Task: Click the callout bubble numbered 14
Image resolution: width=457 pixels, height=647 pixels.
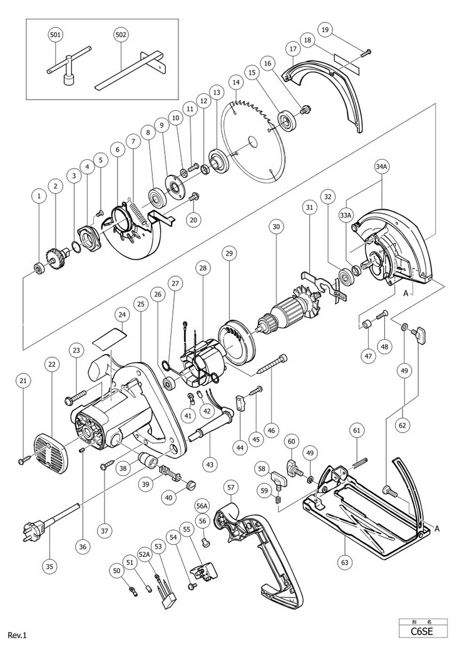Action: [x=235, y=82]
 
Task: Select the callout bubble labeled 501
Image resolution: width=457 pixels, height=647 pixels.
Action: [x=56, y=36]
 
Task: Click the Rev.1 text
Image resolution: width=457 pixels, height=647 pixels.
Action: [x=18, y=636]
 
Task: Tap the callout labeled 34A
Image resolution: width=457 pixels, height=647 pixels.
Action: [x=382, y=167]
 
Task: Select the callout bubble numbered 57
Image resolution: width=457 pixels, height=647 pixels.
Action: [x=230, y=485]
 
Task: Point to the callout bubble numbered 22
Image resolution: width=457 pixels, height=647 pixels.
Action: [x=51, y=363]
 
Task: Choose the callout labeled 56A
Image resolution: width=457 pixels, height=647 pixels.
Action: [x=202, y=505]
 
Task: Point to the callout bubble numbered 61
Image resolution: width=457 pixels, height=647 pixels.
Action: [x=357, y=430]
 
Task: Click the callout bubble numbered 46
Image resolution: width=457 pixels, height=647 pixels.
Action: [x=270, y=430]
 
